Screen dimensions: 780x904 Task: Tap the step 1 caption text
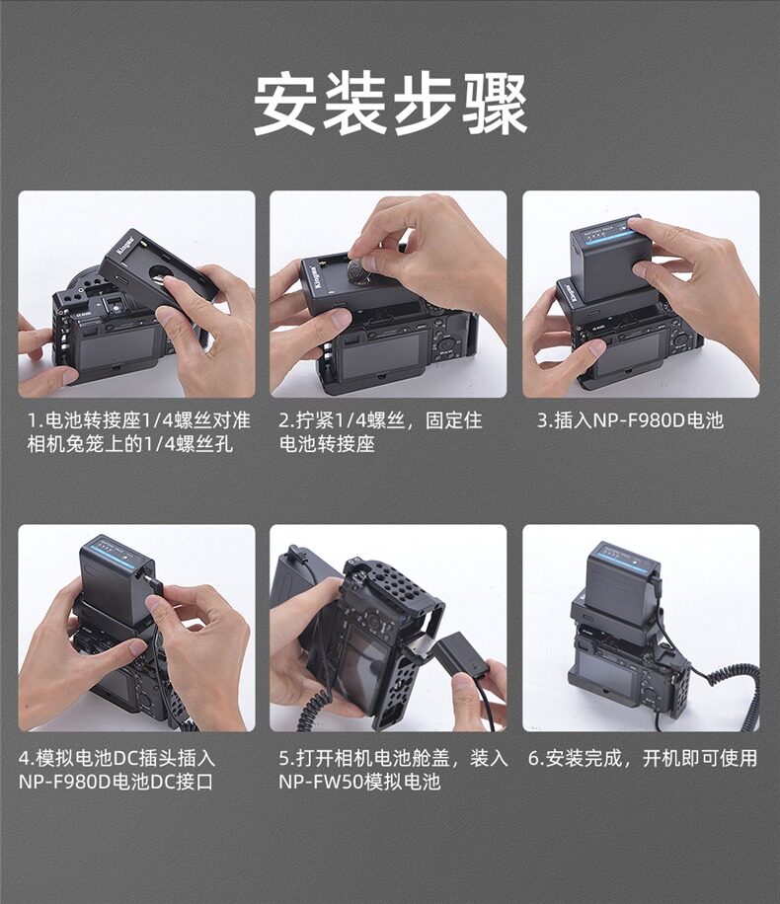[139, 432]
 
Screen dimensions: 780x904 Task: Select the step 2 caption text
[380, 432]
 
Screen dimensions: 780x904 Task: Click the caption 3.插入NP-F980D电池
[630, 420]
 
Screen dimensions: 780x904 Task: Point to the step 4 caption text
[117, 770]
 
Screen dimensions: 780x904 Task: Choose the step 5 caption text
[393, 770]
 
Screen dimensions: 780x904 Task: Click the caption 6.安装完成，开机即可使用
[643, 758]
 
